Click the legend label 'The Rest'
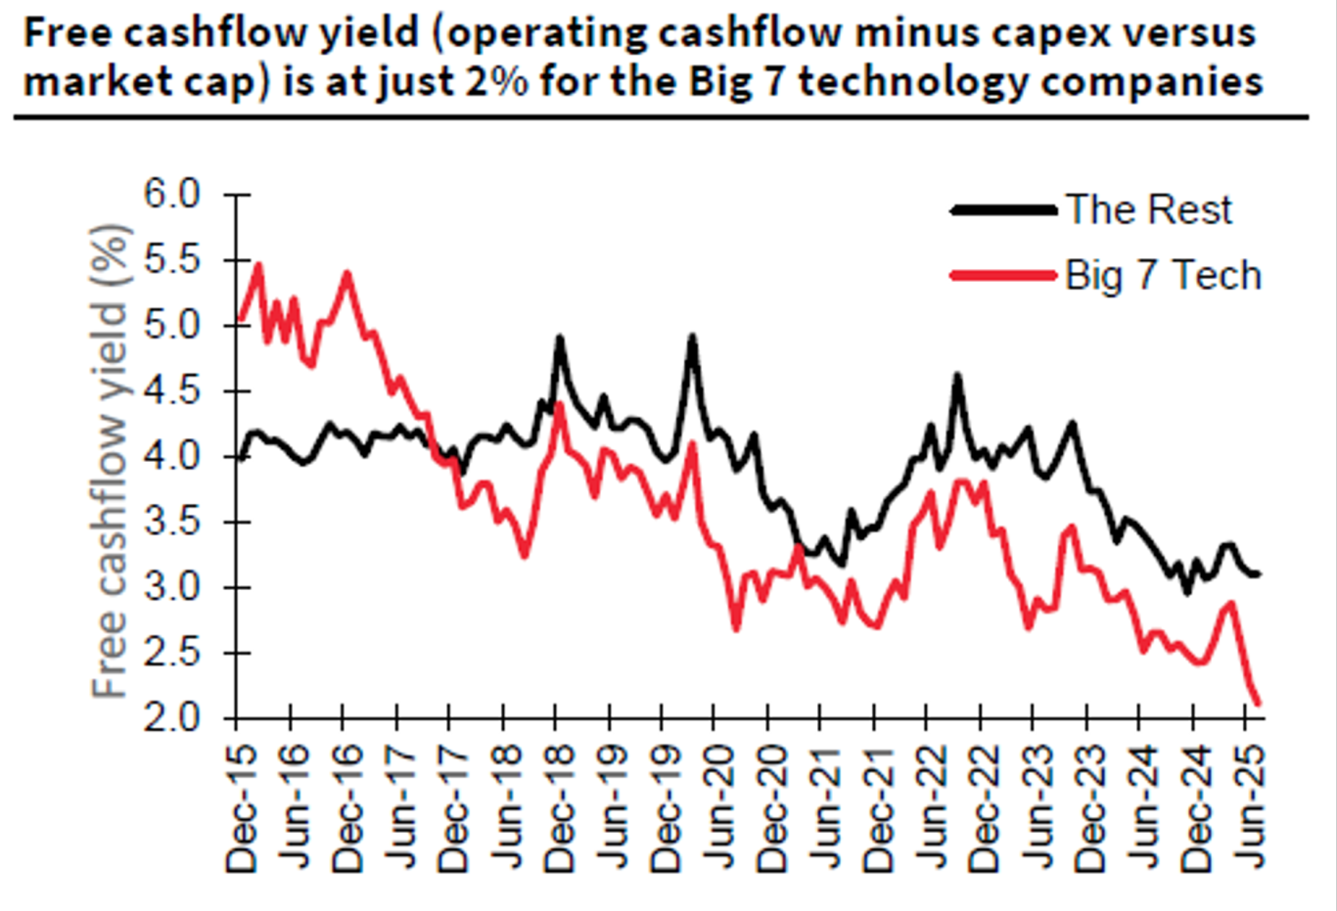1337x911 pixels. click(1149, 209)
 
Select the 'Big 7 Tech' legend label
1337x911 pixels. click(1164, 275)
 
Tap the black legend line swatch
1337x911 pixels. click(1004, 209)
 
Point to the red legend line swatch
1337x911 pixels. click(1004, 275)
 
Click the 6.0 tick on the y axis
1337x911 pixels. click(171, 195)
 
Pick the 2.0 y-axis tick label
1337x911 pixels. click(171, 718)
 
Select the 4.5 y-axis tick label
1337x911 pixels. click(171, 391)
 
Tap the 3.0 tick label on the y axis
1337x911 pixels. click(171, 587)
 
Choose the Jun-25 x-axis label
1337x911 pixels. click(1246, 807)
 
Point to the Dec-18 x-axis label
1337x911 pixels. click(558, 807)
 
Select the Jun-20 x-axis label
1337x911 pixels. click(717, 807)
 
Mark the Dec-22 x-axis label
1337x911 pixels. click(983, 807)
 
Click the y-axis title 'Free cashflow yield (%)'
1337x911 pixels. click(111, 460)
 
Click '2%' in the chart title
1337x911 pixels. click(497, 80)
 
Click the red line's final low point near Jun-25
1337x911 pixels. click(1258, 703)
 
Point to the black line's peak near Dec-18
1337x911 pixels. click(559, 338)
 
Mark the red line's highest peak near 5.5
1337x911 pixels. click(258, 264)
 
